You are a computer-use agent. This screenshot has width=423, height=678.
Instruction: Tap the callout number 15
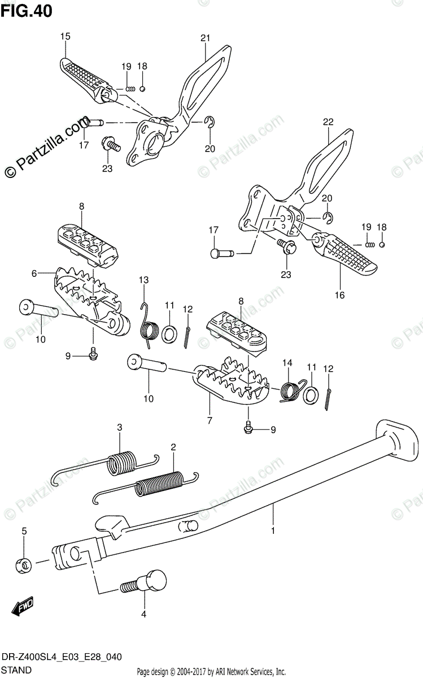[65, 37]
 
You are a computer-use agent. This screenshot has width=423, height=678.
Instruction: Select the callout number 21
[204, 38]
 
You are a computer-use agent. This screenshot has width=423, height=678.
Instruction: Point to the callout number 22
[329, 121]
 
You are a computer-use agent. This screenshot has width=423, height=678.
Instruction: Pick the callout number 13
[143, 280]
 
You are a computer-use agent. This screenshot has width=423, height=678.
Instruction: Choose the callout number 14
[286, 362]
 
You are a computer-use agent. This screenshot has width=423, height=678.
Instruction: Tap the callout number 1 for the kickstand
[273, 531]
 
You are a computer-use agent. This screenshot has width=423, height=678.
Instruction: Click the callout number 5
[24, 531]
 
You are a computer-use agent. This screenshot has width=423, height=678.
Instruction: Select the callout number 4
[143, 614]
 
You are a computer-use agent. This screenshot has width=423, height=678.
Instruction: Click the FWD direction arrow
[23, 608]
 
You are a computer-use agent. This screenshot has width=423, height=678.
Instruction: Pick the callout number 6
[34, 273]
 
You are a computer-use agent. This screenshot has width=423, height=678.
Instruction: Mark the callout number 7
[210, 421]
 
